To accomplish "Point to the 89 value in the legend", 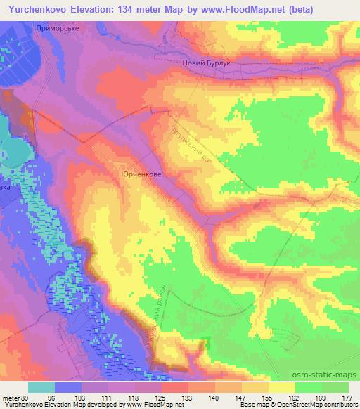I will [27, 397].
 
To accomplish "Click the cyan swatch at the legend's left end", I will [41, 387].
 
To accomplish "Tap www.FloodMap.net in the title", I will [233, 8].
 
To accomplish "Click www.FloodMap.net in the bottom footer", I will [150, 405].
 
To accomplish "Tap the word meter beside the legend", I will [11, 397].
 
